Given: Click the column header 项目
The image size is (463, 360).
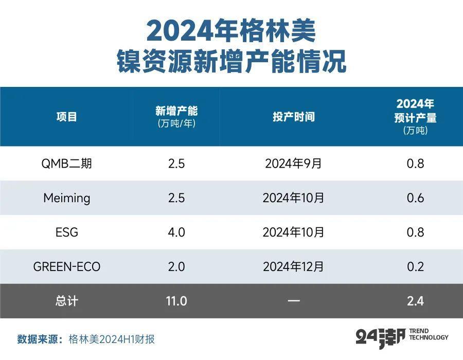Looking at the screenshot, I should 67,117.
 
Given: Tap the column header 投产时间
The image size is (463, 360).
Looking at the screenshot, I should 293,117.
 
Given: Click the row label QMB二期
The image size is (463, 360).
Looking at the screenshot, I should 67,164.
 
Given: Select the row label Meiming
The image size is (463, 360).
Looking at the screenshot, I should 67,198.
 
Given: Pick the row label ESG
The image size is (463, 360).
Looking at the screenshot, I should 67,232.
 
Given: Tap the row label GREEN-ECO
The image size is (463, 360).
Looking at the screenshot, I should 67,267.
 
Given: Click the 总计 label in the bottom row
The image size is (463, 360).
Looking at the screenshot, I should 67,301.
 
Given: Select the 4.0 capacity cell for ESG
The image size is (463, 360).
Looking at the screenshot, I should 176,232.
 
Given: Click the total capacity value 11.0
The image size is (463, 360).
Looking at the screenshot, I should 176,301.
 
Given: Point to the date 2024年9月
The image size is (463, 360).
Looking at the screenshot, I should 293,164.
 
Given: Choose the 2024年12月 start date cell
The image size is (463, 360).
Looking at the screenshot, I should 293,267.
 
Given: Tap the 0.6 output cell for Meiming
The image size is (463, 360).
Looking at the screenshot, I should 415,198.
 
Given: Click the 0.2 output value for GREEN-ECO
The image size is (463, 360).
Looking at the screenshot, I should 415,267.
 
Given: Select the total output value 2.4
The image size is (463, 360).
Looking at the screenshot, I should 415,301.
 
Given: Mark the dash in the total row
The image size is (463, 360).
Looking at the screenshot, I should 293,301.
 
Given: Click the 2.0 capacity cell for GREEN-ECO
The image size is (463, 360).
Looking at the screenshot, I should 176,267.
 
